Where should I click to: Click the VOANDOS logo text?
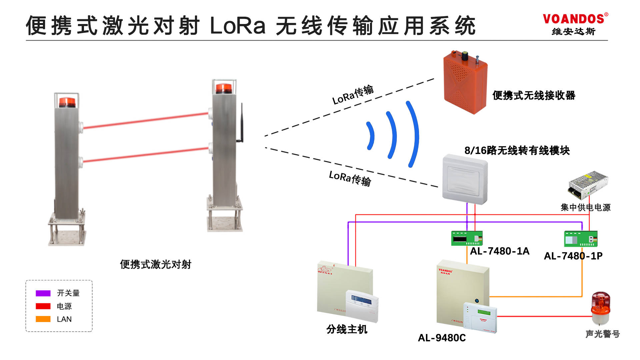(573, 19)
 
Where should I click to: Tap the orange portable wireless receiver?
(465, 83)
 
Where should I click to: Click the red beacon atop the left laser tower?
(67, 102)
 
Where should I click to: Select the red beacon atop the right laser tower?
(224, 89)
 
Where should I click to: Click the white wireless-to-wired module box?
(465, 179)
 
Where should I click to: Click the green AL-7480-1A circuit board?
(467, 238)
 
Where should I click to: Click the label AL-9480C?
(442, 338)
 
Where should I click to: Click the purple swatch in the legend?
(43, 293)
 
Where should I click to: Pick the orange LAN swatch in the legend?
(43, 319)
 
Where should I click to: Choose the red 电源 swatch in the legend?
(43, 306)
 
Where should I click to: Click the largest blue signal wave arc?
(413, 133)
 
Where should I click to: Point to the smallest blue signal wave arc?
(371, 135)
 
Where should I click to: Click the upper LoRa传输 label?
(353, 94)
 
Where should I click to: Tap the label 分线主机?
(347, 329)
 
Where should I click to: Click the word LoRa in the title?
(238, 26)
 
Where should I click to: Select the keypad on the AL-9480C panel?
(480, 317)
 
